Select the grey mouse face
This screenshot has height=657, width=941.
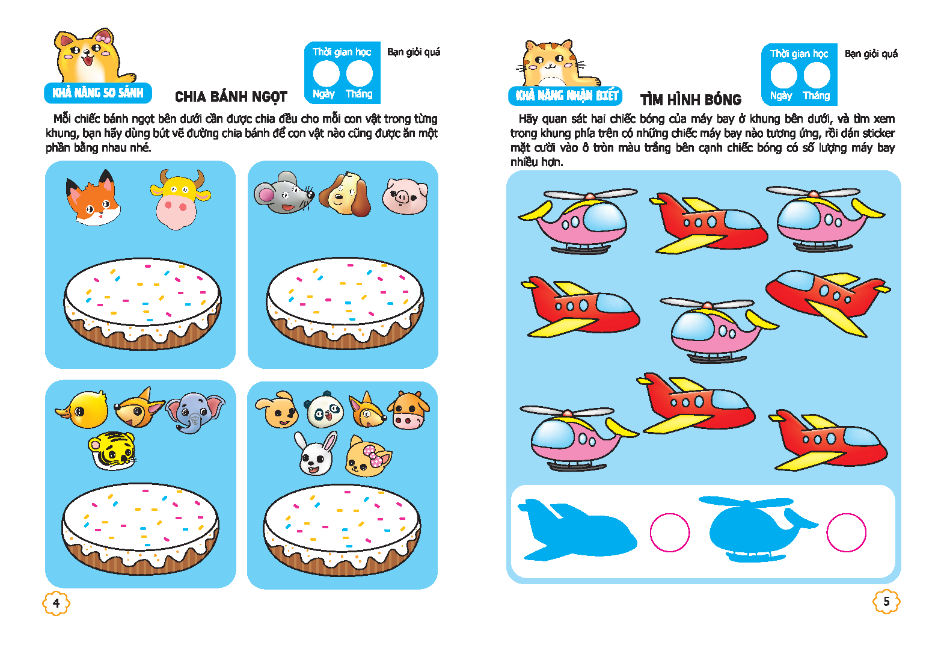point(284,193)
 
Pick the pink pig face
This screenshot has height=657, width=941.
point(405,196)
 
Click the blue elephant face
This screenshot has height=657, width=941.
point(195,412)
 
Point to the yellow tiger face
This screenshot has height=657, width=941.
point(112,451)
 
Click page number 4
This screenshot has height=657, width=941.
point(57,603)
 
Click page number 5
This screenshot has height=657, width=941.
point(886,602)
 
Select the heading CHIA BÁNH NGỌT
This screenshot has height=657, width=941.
point(231,97)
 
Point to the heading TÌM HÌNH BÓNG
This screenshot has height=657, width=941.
point(691,100)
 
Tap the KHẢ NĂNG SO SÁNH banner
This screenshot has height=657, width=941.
point(98,93)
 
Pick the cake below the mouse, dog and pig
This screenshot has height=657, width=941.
point(345,303)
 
